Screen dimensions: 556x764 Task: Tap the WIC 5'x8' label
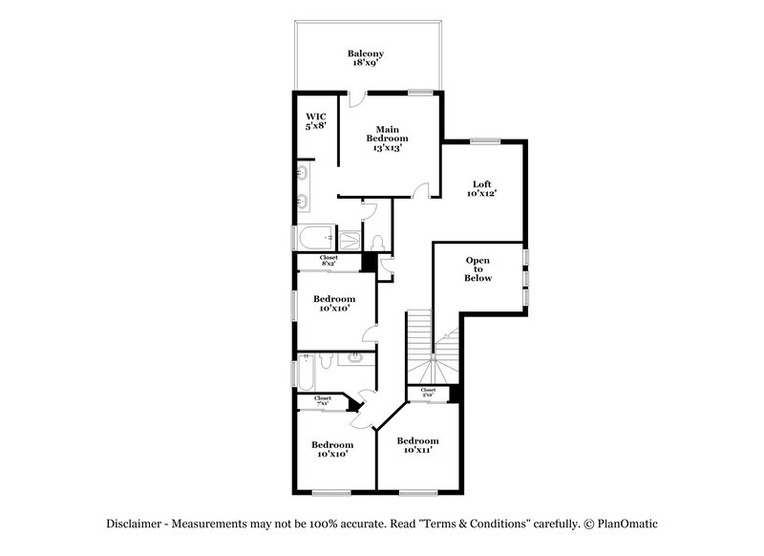click(316, 120)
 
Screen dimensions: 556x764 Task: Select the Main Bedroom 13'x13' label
click(386, 139)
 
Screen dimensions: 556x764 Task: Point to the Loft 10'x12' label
click(481, 188)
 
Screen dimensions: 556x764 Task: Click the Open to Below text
click(477, 269)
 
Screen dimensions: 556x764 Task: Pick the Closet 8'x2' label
click(328, 259)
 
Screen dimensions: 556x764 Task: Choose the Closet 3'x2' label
click(428, 392)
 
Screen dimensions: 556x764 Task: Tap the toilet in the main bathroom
click(376, 242)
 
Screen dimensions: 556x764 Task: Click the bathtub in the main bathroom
click(314, 237)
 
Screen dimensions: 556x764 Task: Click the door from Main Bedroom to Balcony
click(355, 97)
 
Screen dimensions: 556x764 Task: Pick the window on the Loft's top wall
click(484, 141)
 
